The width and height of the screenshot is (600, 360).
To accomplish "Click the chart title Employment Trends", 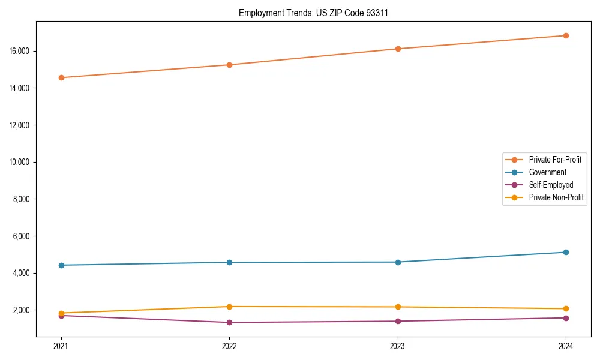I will pos(313,13).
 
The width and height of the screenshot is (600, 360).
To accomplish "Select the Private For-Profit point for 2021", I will pos(61,77).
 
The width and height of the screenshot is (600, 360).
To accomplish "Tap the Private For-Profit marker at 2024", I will pos(566,35).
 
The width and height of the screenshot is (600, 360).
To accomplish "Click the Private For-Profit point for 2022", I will pos(229,65).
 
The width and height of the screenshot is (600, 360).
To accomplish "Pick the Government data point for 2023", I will pos(398,262).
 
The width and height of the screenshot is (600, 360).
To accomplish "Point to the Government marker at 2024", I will pos(566,252).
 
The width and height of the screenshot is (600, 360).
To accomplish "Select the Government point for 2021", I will pos(61,265).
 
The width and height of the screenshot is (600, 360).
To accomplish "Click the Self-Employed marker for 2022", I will pos(229,322).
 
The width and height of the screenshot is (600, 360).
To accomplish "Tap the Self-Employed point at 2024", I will pos(566,318).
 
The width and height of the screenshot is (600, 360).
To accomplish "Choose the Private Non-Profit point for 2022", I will pos(229,307).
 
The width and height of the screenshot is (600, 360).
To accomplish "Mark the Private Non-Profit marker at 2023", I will pos(398,307).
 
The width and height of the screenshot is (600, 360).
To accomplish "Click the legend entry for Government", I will pos(547,172).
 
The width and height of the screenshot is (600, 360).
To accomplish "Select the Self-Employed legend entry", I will pos(551,185).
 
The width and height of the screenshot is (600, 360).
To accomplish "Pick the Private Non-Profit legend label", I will pos(556,197).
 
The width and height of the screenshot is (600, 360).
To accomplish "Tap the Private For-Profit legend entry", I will pos(555,160).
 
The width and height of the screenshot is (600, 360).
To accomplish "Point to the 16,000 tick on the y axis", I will pos(21,51).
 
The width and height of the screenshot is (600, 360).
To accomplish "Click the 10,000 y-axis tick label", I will pos(21,162).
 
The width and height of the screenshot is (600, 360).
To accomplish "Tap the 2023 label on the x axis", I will pos(398,346).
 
